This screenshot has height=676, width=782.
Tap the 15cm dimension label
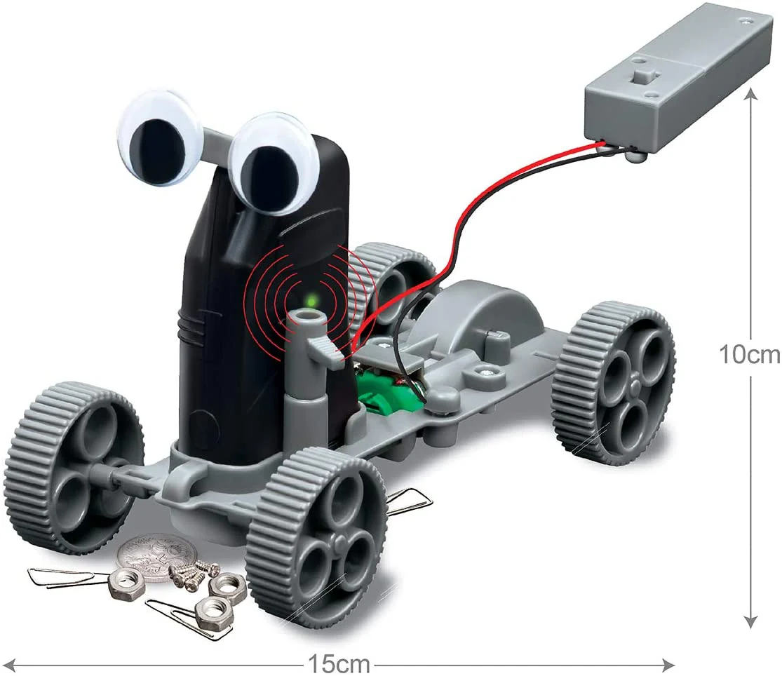click(339, 663)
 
